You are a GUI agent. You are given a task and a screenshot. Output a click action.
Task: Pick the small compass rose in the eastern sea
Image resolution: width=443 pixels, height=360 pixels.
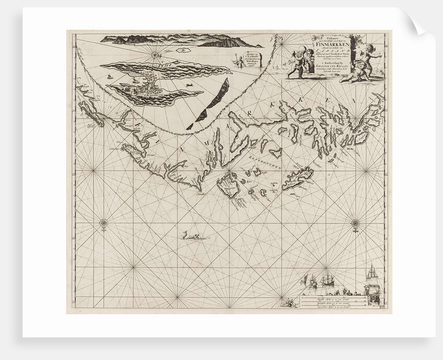point(355,223)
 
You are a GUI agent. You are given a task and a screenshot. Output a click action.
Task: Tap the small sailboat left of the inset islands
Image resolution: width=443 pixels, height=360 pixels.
point(108,78)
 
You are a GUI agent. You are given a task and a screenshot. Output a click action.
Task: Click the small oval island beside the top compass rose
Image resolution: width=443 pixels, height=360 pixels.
point(182,51)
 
